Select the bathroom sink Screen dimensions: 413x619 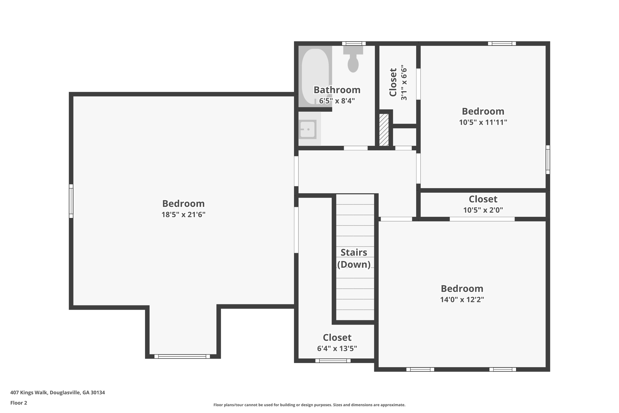coord(308,129)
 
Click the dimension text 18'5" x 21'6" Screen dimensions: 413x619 coord(183,215)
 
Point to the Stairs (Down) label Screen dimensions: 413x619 coord(354,258)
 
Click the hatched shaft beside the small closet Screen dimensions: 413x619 coord(384,130)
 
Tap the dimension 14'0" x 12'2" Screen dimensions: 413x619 coord(462,300)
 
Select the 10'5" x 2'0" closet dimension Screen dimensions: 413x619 coord(483,210)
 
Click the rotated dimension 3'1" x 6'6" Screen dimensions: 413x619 coord(404,82)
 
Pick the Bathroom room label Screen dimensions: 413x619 coord(337,90)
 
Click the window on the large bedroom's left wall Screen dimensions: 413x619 coord(71,201)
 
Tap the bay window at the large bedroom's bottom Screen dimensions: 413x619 coord(182,356)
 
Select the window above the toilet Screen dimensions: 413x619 coord(354,44)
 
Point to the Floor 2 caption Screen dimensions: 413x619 coord(19,403)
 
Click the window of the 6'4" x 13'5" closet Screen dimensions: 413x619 coord(333,361)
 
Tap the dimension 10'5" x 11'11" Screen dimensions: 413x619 coord(483,122)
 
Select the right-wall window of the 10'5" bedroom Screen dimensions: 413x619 coord(548,159)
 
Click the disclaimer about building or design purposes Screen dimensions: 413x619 coord(309,405)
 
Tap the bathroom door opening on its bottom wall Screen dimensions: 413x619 coord(356,148)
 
